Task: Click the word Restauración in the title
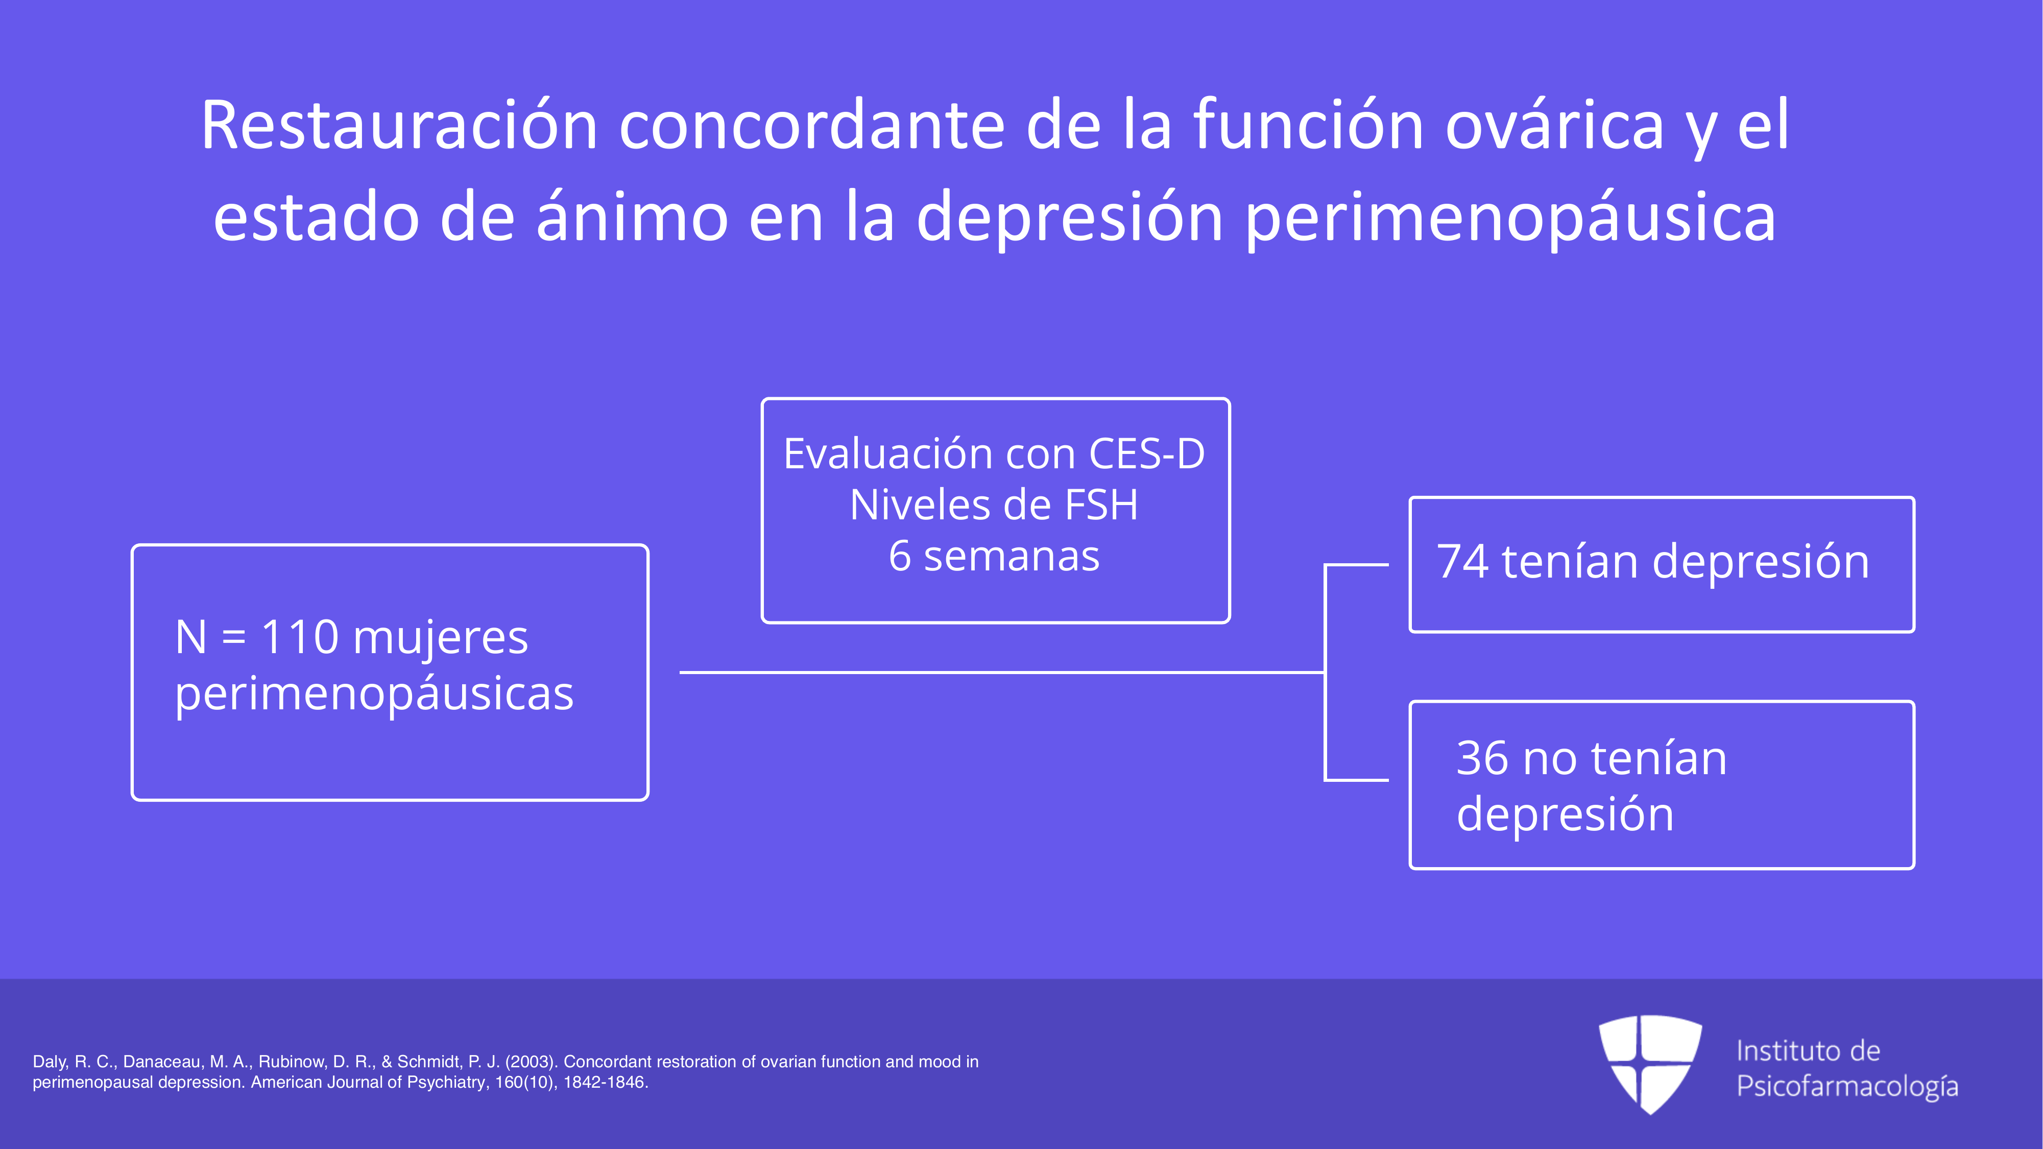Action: pos(399,125)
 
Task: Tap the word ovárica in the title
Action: pos(1554,125)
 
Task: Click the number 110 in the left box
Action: pos(300,637)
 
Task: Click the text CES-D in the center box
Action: pos(1147,454)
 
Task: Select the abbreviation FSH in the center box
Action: pos(1101,505)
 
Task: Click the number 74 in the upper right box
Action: pos(1462,562)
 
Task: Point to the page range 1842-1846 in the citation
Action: pos(605,1083)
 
